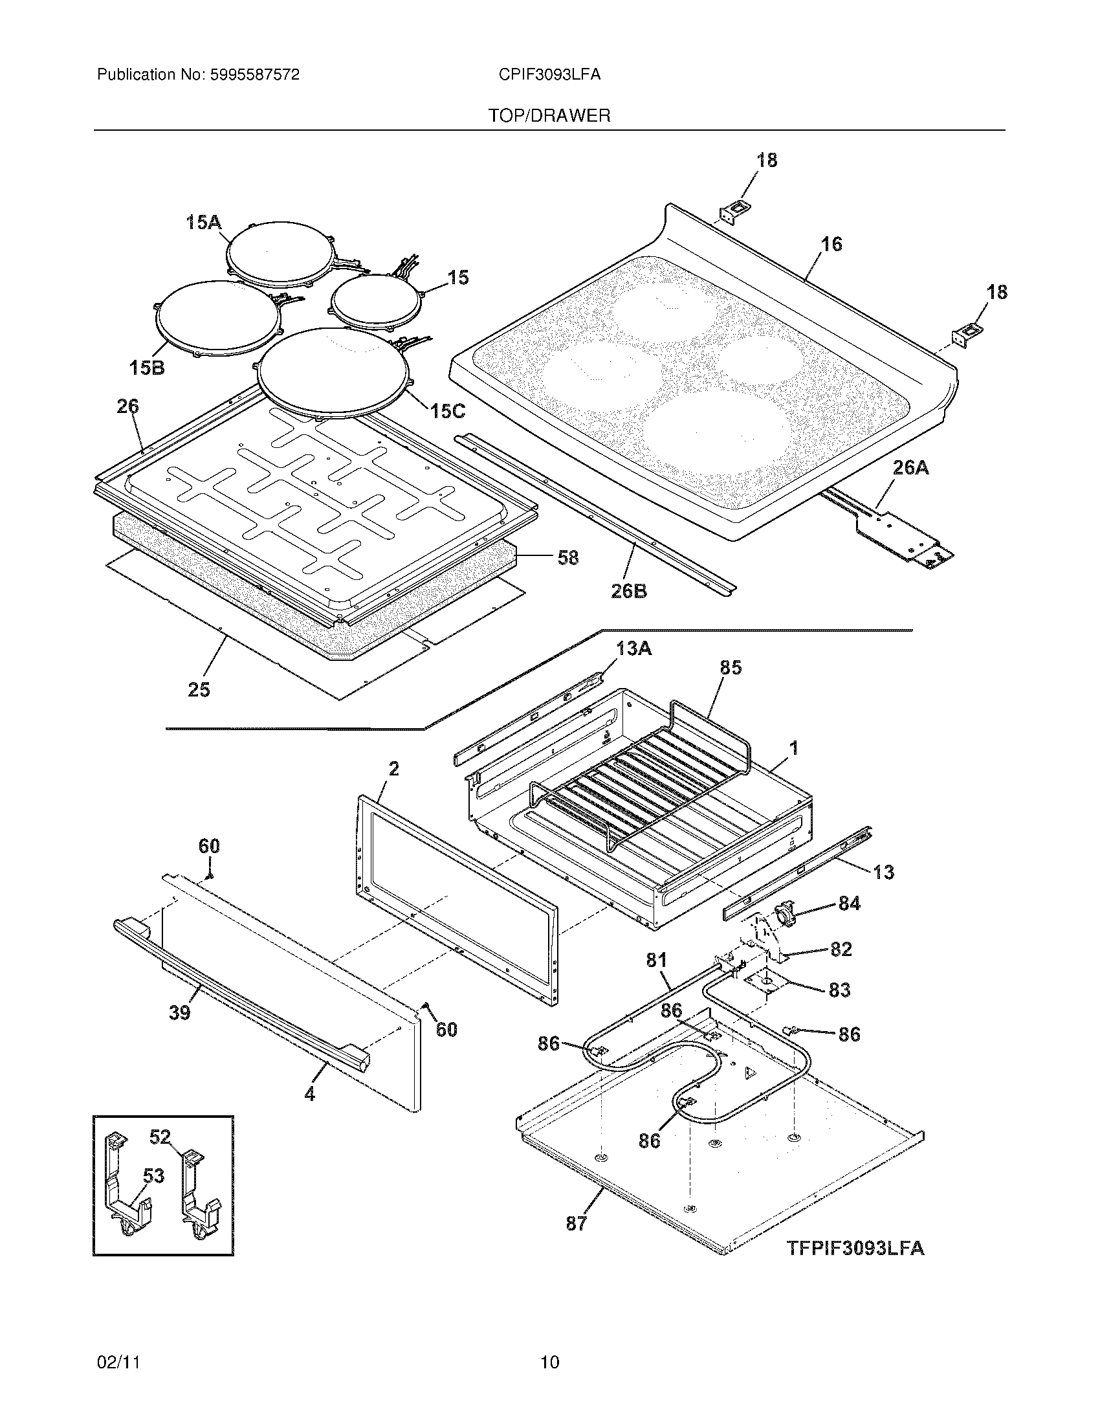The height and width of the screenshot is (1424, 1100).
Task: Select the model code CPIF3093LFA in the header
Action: [x=549, y=75]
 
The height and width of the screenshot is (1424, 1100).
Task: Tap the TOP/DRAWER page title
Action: [x=549, y=116]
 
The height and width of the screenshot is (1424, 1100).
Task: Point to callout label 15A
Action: [x=203, y=223]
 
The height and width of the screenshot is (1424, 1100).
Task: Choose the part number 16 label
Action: [x=831, y=244]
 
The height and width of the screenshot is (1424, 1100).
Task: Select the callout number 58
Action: [x=568, y=557]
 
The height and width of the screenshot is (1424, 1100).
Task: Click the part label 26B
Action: [x=629, y=592]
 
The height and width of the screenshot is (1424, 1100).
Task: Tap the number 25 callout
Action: [x=199, y=689]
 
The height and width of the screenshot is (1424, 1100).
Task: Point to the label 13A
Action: [x=633, y=649]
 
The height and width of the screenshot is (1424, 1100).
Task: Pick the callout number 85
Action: [x=731, y=668]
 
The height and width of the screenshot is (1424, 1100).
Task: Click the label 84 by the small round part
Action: [x=849, y=904]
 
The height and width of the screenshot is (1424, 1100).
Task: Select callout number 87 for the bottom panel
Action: [x=577, y=1224]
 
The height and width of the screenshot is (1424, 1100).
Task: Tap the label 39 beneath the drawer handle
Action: [x=180, y=1012]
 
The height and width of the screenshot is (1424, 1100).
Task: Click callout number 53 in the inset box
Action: [x=153, y=1176]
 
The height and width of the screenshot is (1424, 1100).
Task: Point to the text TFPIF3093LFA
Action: [x=855, y=1248]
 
